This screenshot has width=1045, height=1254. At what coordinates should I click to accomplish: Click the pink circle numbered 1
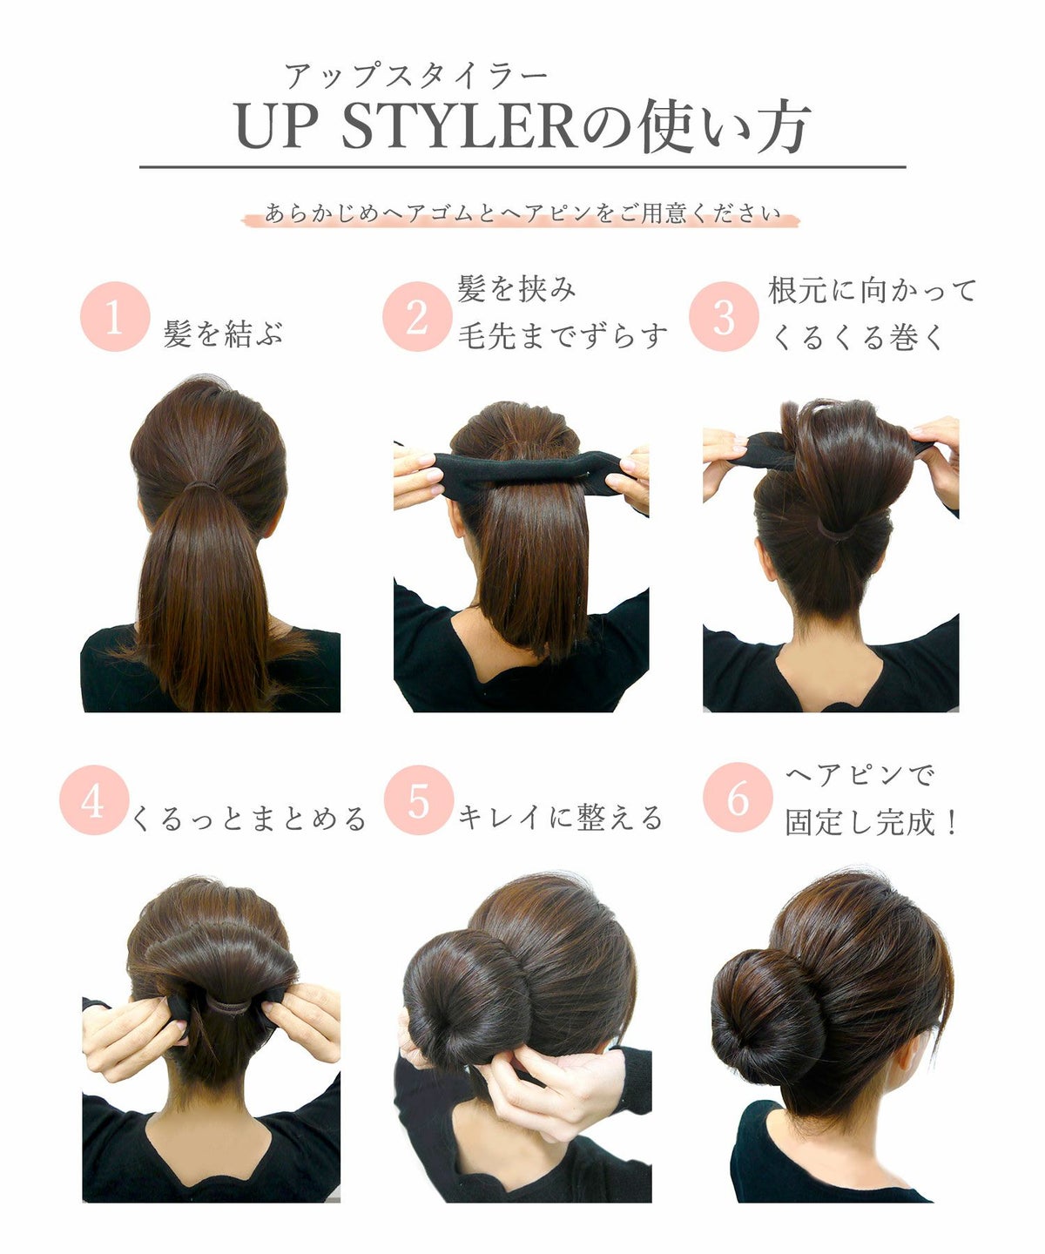114,317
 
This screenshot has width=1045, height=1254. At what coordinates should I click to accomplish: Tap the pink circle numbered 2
417,317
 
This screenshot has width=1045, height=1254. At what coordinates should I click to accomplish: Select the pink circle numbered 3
724,317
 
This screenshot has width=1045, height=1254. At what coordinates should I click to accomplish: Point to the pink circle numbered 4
94,800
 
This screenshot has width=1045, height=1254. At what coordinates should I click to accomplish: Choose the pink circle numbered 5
418,800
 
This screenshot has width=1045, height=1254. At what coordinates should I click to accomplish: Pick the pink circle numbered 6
738,798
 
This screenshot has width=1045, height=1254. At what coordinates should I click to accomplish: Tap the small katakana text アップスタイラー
415,77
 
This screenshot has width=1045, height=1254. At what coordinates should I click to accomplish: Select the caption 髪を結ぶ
224,334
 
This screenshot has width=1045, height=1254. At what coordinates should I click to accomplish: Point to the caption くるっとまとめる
249,819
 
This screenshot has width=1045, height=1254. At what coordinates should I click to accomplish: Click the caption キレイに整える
561,818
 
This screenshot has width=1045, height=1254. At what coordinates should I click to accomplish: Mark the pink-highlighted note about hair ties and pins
521,213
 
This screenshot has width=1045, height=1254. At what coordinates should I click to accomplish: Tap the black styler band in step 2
522,469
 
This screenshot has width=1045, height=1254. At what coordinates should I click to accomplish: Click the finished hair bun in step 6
766,1006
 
